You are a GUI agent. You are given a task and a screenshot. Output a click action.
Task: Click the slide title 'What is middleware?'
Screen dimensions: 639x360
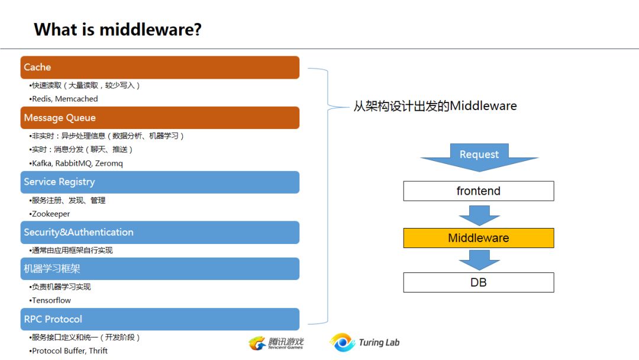pyautogui.click(x=118, y=30)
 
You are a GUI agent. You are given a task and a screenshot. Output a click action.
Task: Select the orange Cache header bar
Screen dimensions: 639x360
pyautogui.click(x=160, y=67)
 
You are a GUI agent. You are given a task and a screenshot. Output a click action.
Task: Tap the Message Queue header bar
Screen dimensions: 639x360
pyautogui.click(x=160, y=118)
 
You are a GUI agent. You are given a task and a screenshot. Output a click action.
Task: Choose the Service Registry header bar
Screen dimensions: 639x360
pyautogui.click(x=160, y=182)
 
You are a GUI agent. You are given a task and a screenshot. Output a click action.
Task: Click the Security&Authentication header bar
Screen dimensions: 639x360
pyautogui.click(x=160, y=232)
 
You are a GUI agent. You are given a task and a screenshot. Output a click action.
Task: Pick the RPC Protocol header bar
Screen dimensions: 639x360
pyautogui.click(x=160, y=319)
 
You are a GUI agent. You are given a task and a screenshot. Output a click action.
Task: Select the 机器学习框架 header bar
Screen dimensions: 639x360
pyautogui.click(x=160, y=269)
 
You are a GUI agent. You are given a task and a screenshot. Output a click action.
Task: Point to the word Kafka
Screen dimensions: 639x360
pyautogui.click(x=42, y=163)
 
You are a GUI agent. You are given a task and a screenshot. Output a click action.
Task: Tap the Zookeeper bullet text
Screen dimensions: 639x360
pyautogui.click(x=51, y=214)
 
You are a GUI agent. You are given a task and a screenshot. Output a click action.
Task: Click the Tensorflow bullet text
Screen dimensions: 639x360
pyautogui.click(x=51, y=300)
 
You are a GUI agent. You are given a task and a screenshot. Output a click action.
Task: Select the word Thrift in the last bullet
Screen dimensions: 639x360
pyautogui.click(x=98, y=351)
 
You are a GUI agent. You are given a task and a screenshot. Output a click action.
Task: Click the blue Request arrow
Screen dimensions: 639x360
pyautogui.click(x=479, y=157)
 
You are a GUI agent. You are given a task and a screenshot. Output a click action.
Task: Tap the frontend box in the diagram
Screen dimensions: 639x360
pyautogui.click(x=479, y=191)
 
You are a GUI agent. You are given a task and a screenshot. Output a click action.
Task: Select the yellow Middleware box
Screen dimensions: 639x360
pyautogui.click(x=479, y=238)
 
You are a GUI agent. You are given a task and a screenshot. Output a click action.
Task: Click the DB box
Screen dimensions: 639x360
pyautogui.click(x=479, y=282)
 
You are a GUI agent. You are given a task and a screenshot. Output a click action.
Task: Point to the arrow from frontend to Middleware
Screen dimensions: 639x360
pyautogui.click(x=479, y=216)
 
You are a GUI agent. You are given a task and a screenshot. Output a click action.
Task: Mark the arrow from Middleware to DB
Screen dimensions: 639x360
pyautogui.click(x=479, y=260)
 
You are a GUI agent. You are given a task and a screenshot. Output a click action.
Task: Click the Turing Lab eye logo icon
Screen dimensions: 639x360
pyautogui.click(x=343, y=342)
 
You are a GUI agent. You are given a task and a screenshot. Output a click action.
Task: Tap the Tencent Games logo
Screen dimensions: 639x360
pyautogui.click(x=276, y=343)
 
